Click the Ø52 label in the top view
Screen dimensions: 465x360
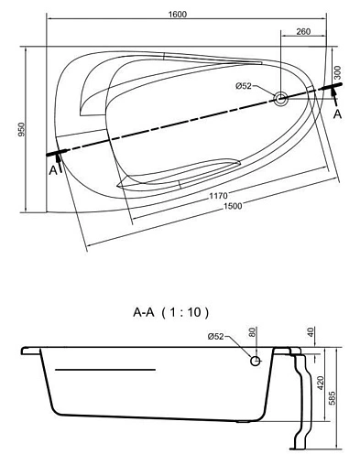tap(244, 86)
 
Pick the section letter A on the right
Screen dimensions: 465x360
tap(338, 115)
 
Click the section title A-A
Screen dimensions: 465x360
tap(147, 312)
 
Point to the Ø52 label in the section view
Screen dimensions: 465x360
tap(216, 337)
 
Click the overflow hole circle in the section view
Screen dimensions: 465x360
tap(256, 361)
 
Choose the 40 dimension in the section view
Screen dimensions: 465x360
tap(311, 334)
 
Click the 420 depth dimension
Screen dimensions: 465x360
tap(321, 382)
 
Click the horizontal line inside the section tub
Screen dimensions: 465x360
tap(105, 369)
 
